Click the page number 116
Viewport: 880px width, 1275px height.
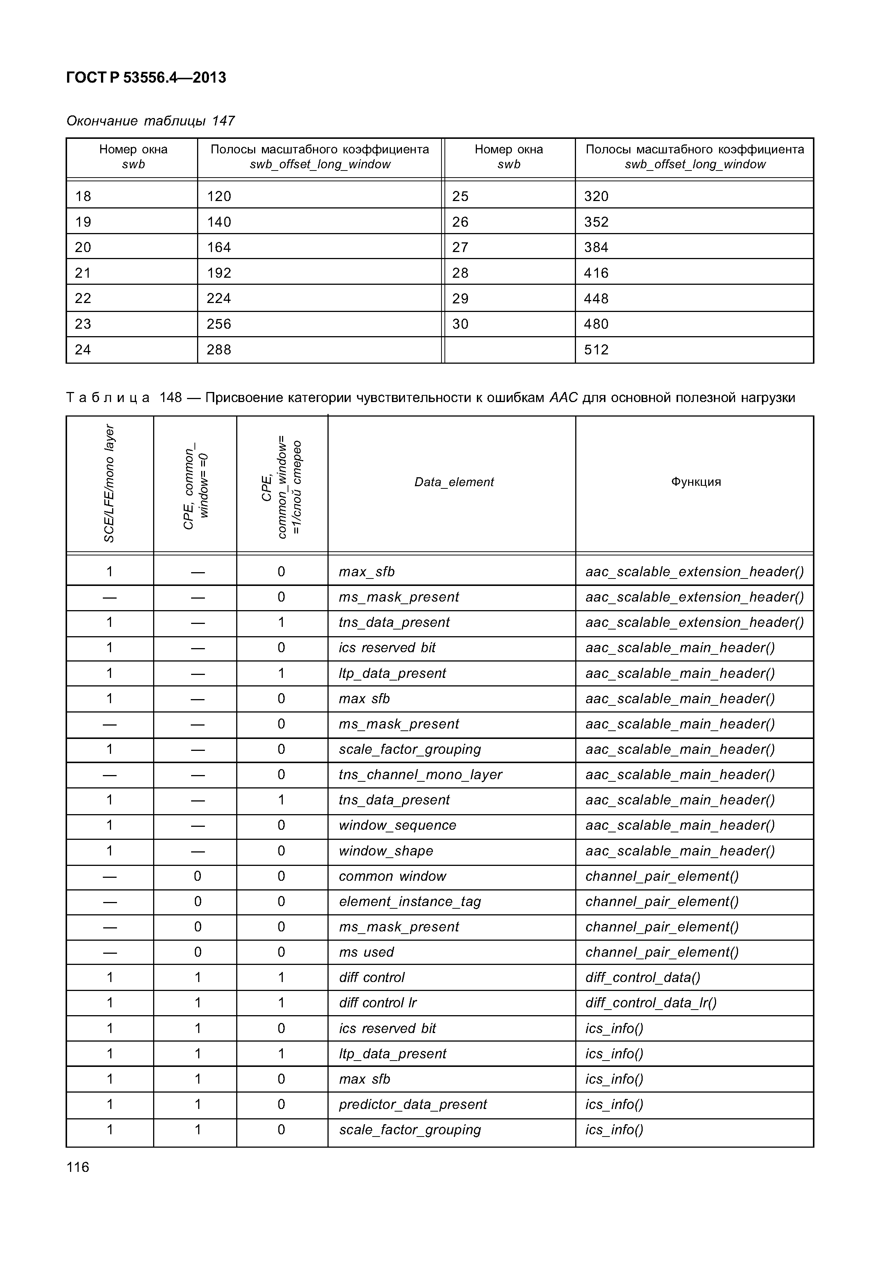[78, 1167]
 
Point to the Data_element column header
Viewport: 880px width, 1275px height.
[454, 482]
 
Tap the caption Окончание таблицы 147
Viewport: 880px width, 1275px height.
[151, 121]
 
